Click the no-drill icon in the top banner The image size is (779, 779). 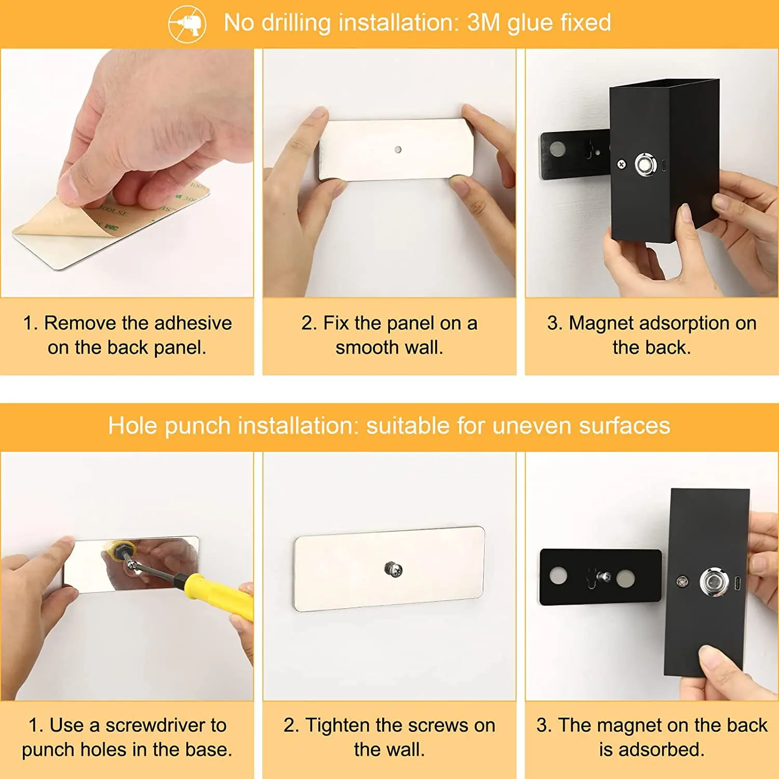click(x=187, y=24)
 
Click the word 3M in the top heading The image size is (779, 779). click(x=484, y=23)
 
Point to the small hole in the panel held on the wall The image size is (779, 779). click(x=398, y=150)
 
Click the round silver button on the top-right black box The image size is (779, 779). click(x=646, y=166)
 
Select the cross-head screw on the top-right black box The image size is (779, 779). click(x=621, y=165)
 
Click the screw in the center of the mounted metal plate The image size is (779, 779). click(x=394, y=570)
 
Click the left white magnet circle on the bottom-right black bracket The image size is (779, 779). click(x=558, y=576)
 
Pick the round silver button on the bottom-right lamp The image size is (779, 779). click(x=714, y=582)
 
